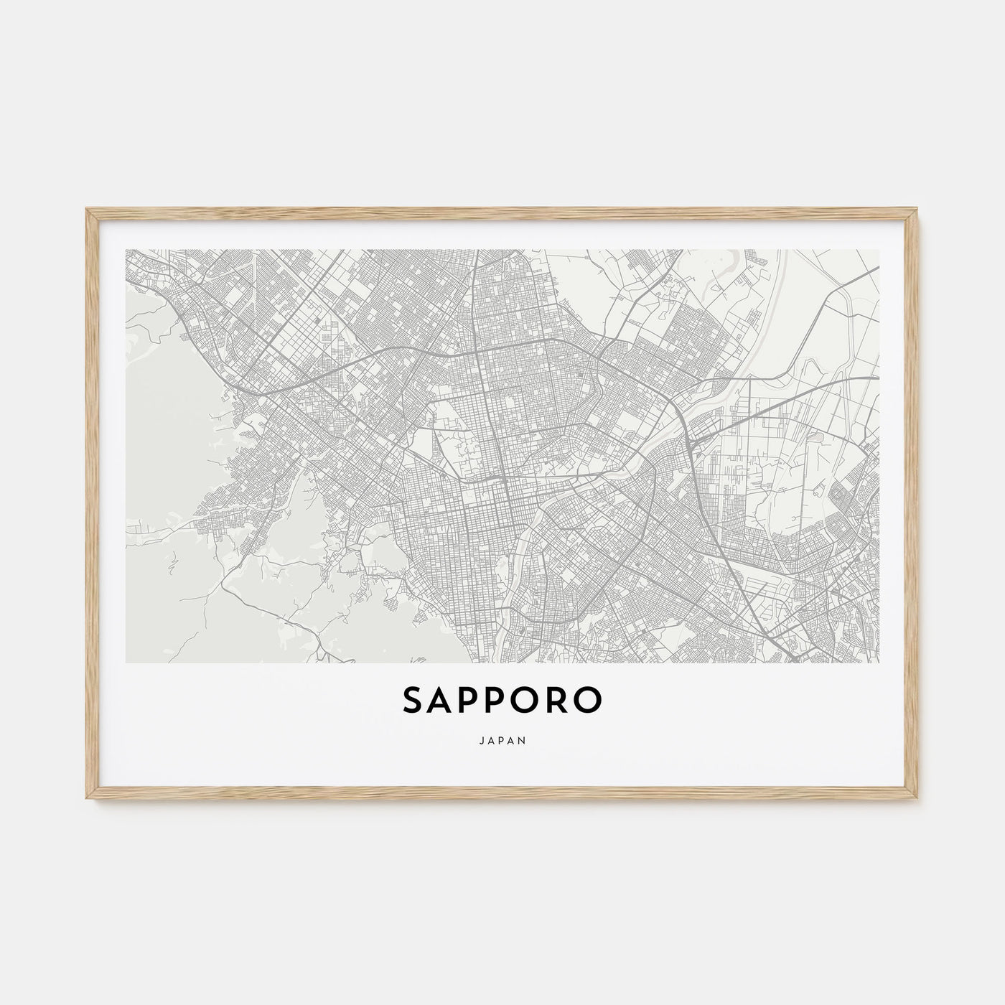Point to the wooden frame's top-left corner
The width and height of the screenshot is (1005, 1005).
pos(87,210)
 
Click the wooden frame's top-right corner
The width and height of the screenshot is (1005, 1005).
pos(918,210)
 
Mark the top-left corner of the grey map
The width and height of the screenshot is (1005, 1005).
pos(126,250)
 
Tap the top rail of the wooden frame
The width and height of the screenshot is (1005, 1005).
pos(502,213)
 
